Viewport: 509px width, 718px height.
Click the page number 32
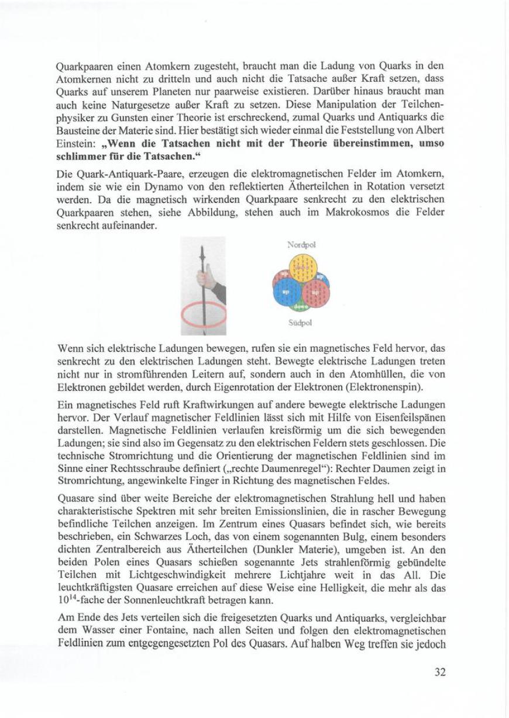[x=440, y=672]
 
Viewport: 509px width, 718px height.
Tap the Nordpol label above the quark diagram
[x=301, y=244]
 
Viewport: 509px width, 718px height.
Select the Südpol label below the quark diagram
[x=300, y=322]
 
